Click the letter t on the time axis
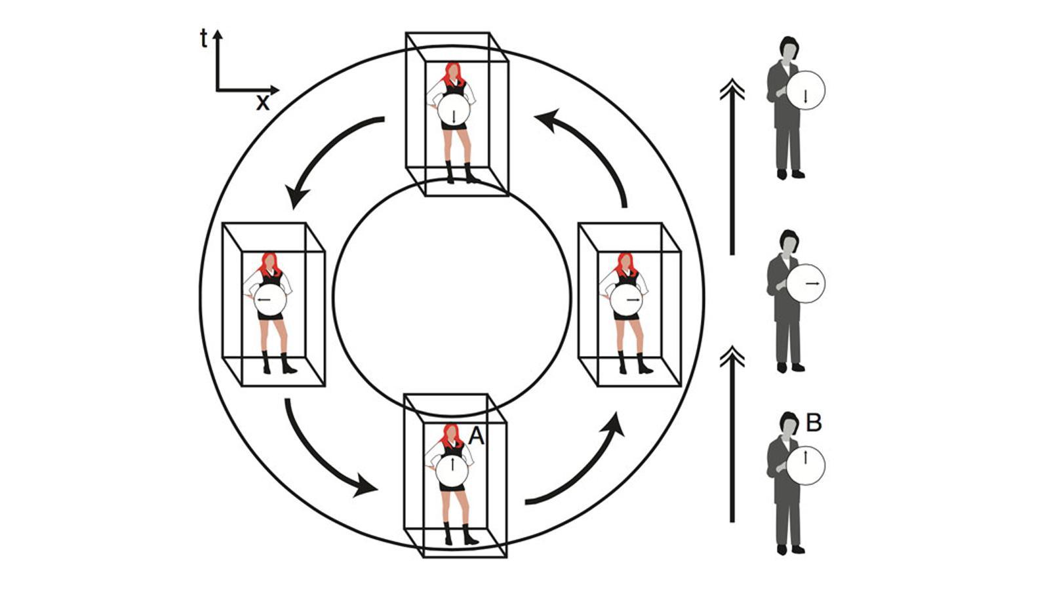tap(204, 39)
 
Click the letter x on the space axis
tap(263, 103)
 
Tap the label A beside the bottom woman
tap(476, 436)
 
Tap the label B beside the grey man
tap(813, 423)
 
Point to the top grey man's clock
tap(806, 90)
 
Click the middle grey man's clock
tap(806, 283)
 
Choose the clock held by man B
tap(806, 465)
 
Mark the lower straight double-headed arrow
tap(732, 433)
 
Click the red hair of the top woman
tap(452, 72)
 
